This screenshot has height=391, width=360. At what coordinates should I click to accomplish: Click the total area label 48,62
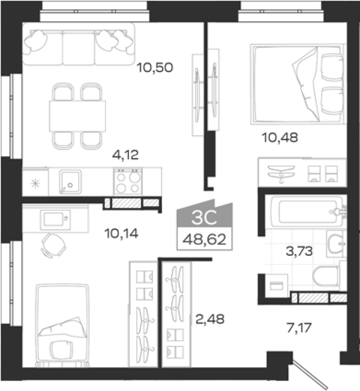tap(204, 240)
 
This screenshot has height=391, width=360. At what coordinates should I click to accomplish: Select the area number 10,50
tap(155, 67)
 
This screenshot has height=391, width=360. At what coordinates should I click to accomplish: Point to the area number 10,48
tap(280, 138)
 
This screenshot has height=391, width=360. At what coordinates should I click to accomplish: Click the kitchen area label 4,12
tap(125, 155)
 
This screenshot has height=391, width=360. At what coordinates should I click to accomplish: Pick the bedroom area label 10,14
tap(121, 234)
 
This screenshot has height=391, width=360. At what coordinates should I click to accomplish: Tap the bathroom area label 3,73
tap(299, 251)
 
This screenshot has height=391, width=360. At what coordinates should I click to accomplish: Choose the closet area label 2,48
tap(210, 319)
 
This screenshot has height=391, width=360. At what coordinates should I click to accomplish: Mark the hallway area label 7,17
tap(299, 328)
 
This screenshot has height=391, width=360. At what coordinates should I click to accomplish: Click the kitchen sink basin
tap(70, 182)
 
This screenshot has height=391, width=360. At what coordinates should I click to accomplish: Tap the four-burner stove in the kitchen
tap(128, 182)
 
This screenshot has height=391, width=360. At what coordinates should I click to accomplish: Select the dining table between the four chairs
tap(77, 116)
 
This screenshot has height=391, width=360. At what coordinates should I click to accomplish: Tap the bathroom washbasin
tap(336, 244)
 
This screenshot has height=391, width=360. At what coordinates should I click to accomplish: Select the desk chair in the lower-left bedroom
tap(54, 245)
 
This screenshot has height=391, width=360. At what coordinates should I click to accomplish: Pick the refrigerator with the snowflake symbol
tap(35, 182)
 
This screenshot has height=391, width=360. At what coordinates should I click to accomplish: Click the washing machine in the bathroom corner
tap(277, 286)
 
